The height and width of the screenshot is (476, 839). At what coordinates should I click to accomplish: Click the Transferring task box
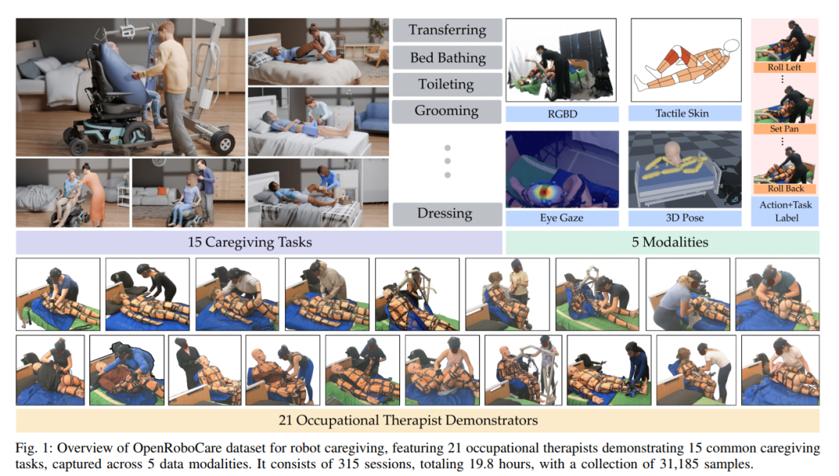click(447, 31)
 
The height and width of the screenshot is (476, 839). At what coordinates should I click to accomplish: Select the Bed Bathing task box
click(447, 57)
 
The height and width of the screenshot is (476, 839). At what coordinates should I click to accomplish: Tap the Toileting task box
click(447, 84)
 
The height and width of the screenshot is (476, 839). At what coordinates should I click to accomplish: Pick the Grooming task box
click(447, 110)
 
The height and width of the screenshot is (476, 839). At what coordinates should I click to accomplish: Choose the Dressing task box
click(447, 214)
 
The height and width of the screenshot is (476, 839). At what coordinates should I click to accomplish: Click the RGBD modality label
click(562, 114)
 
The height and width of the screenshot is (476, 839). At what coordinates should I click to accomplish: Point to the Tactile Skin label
click(682, 114)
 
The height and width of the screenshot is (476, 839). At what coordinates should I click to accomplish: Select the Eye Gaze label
click(562, 218)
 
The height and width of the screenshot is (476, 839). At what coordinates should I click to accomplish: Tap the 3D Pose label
click(682, 218)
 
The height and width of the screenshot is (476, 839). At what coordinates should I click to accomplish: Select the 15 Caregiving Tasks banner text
click(249, 242)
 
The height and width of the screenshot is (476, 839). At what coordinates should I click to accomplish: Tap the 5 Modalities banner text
click(670, 242)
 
